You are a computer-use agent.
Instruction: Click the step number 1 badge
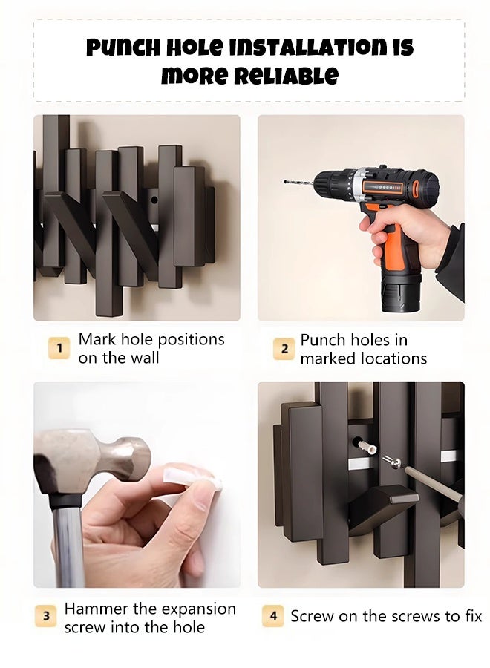coord(59,348)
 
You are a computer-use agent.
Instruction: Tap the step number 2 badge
coord(284,349)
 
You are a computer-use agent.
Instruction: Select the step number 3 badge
coord(46,617)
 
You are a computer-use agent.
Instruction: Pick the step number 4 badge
coord(273,616)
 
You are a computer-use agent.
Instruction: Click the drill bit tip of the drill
coord(285,182)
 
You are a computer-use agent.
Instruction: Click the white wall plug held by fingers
coord(192,477)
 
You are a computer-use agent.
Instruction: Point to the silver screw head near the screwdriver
coord(392,462)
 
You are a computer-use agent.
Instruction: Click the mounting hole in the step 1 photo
coord(154,200)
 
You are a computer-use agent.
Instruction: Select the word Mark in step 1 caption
coord(97,339)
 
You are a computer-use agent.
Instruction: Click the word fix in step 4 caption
coord(471,616)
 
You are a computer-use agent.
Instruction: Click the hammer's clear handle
coord(68,546)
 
